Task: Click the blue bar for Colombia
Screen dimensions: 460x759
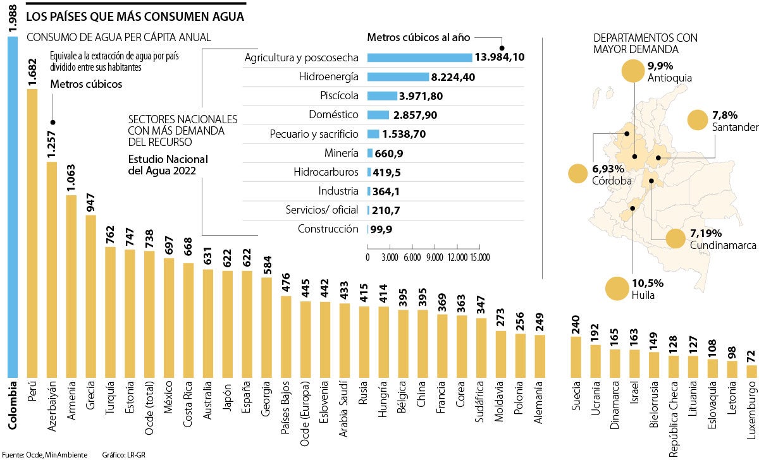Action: (13, 205)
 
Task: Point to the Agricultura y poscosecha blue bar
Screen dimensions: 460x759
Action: (419, 57)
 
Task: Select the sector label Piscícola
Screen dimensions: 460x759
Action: (338, 95)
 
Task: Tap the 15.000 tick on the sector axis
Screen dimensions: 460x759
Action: (479, 258)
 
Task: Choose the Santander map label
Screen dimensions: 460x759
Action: (734, 128)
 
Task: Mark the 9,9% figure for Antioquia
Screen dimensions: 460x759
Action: (660, 66)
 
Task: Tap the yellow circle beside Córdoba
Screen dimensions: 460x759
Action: (578, 174)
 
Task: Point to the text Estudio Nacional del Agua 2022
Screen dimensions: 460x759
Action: (168, 164)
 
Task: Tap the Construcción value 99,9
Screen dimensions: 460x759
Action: (382, 229)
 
